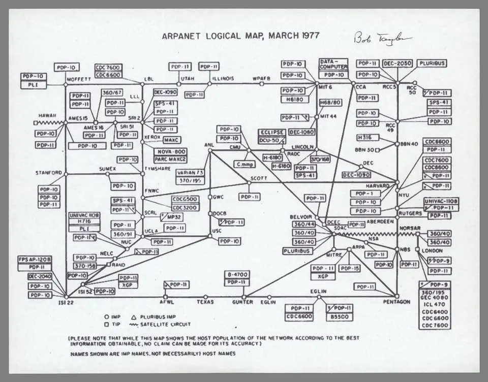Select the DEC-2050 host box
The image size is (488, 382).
(397, 63)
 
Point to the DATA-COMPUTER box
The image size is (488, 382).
(333, 63)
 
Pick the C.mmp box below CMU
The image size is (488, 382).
(246, 165)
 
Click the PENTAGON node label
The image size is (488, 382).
(397, 302)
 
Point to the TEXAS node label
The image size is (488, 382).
(205, 302)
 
